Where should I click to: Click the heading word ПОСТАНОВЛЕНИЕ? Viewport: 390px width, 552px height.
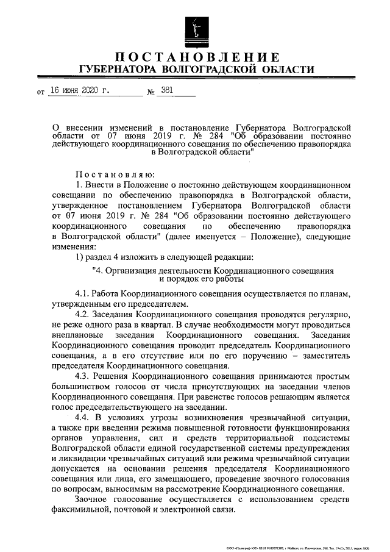[194, 58]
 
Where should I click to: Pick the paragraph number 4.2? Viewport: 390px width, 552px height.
[84, 314]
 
